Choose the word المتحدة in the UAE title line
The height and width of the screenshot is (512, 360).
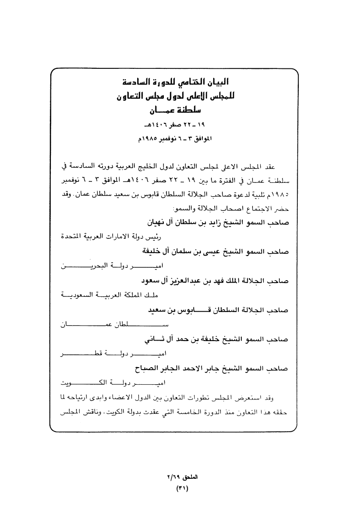76,236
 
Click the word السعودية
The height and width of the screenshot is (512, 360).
81,296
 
